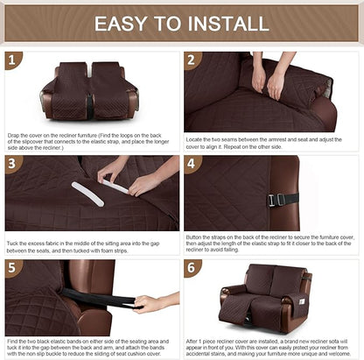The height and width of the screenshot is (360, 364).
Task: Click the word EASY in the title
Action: tap(121, 23)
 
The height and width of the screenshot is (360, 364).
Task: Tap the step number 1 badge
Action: tap(11, 60)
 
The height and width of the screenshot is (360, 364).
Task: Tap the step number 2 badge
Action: tap(192, 60)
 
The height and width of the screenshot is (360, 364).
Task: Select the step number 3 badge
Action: tap(11, 165)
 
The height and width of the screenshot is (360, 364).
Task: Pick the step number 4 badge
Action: tap(192, 165)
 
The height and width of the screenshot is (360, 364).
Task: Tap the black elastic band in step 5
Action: tap(105, 300)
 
